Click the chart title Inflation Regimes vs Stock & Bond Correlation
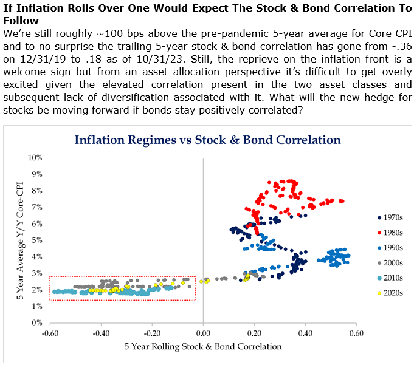[x=207, y=140]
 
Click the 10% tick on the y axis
[x=35, y=157]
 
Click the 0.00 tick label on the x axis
[x=203, y=333]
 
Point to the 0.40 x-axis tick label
[x=305, y=333]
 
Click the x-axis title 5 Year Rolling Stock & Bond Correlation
[x=203, y=347]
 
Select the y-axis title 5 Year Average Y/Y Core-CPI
[x=17, y=240]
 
